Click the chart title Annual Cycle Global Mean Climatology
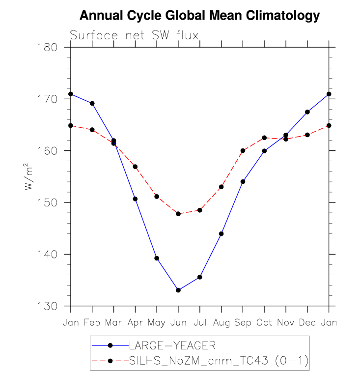[x=199, y=16]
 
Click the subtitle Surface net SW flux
[x=134, y=35]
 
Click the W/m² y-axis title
[x=30, y=177]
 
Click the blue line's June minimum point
[x=178, y=290]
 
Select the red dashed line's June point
[x=178, y=214]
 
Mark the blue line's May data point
[x=157, y=258]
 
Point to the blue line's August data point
[x=221, y=233]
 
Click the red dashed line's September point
[x=243, y=150]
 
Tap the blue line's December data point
[x=307, y=112]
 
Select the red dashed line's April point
[x=135, y=167]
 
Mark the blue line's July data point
[x=200, y=277]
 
